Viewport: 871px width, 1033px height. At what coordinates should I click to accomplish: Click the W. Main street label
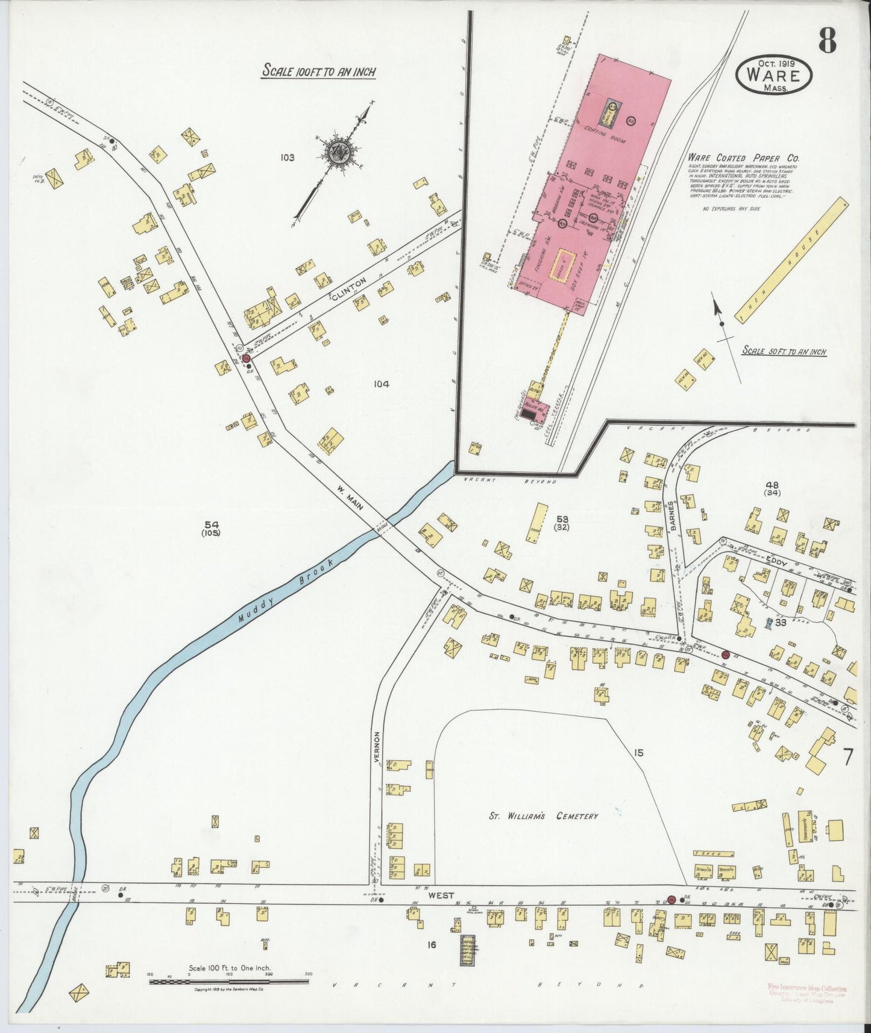[x=350, y=498]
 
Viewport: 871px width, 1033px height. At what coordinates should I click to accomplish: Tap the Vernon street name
[x=377, y=748]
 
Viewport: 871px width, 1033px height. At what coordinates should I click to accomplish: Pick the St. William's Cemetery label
[x=544, y=816]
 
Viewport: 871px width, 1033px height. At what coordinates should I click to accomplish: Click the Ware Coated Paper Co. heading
[x=744, y=158]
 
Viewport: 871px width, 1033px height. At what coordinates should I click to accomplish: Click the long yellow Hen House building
[x=791, y=261]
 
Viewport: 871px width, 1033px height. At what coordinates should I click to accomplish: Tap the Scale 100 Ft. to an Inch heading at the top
[x=319, y=72]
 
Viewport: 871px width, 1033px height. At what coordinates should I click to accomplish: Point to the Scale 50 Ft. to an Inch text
[x=784, y=351]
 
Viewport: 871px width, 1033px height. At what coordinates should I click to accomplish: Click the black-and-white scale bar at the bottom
[x=229, y=981]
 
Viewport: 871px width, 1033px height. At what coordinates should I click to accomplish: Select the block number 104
[x=381, y=384]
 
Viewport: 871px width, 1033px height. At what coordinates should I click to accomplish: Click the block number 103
[x=287, y=158]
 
